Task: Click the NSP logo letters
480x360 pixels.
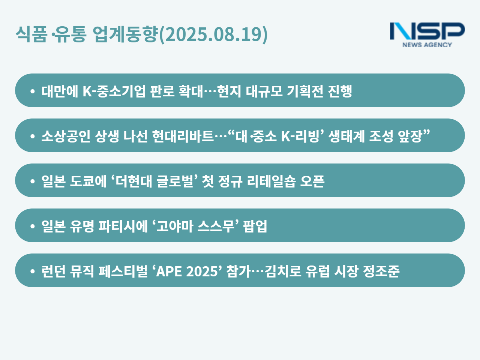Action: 427,31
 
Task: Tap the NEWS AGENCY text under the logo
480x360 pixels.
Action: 427,45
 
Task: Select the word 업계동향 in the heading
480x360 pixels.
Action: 126,34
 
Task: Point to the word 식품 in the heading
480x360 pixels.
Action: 31,34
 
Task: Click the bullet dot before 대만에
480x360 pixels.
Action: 33,91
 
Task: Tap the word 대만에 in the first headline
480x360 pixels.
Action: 60,91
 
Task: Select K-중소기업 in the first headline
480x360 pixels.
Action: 114,91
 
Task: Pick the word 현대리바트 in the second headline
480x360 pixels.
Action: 183,136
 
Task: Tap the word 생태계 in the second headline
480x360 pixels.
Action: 346,136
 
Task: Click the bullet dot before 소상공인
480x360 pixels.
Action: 33,136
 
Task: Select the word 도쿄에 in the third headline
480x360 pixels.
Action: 88,181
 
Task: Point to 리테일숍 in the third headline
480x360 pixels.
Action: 271,181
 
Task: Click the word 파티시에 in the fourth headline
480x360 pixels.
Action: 123,226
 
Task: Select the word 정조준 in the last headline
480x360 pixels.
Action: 381,271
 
